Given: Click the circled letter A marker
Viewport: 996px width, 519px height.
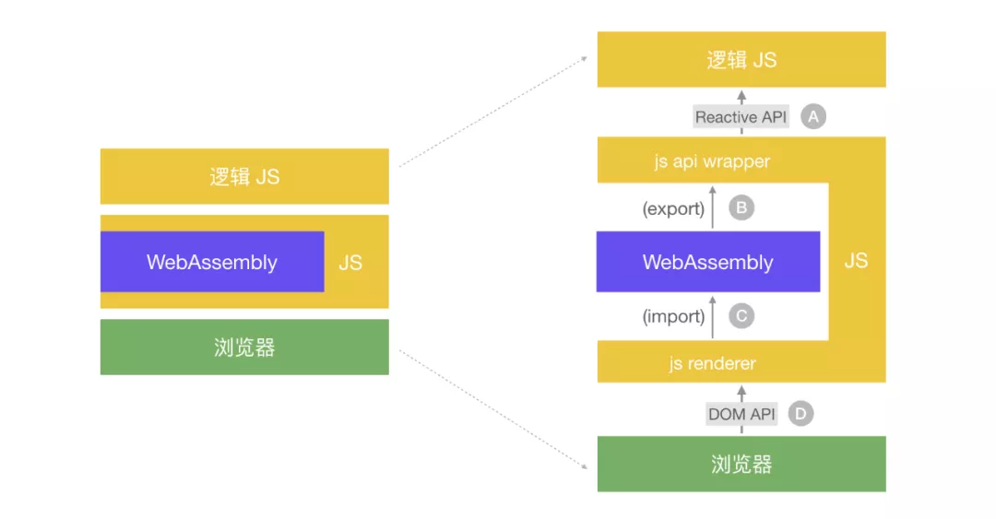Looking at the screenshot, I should (x=812, y=117).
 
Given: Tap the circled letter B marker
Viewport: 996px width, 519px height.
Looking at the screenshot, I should (x=741, y=208).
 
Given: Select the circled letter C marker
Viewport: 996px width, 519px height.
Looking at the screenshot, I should (x=741, y=316).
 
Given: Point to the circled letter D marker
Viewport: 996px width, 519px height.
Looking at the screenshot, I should (x=800, y=414).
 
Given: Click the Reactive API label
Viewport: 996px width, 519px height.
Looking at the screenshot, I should (x=741, y=117).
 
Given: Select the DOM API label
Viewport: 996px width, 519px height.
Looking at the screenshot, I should (x=741, y=414).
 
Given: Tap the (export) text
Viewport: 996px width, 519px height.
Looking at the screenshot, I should (x=673, y=209).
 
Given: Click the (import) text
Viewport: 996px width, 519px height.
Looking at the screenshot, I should (x=673, y=317).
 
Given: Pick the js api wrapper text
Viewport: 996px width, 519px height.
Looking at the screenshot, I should (x=712, y=162).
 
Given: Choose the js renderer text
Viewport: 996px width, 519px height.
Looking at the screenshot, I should (x=712, y=364).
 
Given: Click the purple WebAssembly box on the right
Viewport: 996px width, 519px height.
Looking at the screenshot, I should (x=707, y=262).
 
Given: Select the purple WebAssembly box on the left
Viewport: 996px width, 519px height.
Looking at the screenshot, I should (x=212, y=262).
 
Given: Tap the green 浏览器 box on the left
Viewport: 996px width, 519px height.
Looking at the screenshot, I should (x=244, y=348).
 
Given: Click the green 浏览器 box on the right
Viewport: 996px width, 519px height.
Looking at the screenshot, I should (x=741, y=464).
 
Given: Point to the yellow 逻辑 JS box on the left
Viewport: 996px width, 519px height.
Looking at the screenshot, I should (x=244, y=176).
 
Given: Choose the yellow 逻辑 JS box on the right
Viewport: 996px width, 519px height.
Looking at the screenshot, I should (x=741, y=60).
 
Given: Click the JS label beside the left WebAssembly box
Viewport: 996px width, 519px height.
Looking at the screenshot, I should (x=350, y=263).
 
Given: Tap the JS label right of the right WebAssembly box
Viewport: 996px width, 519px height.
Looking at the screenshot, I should (x=856, y=261).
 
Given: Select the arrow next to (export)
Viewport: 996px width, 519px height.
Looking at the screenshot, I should (x=713, y=208).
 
